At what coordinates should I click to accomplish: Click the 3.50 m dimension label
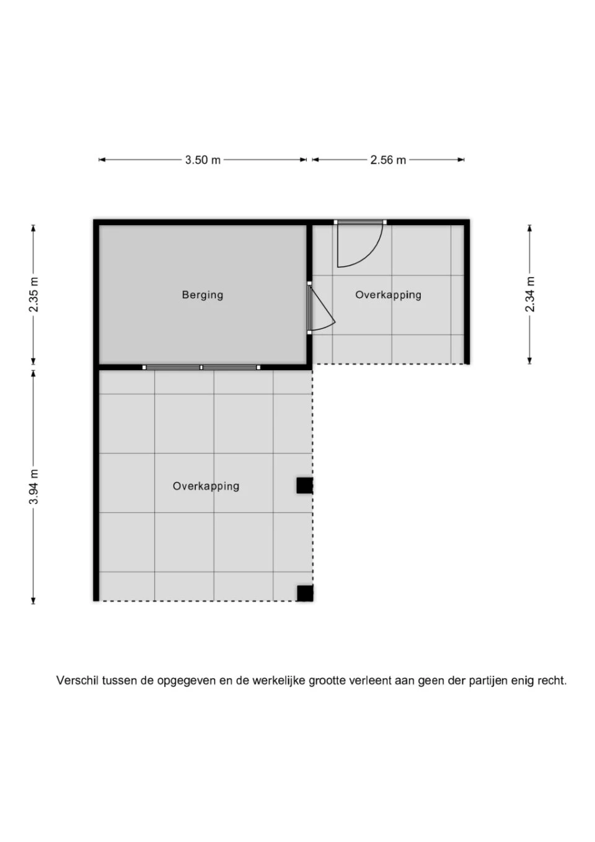coord(203,160)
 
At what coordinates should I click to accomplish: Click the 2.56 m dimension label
coord(388,160)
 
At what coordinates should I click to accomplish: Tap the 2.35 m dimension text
coord(34,295)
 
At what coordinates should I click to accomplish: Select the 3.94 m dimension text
coord(34,487)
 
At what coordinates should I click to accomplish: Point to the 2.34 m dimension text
coord(530,295)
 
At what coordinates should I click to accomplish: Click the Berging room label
coord(202,295)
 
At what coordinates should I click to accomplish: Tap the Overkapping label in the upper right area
coord(388,295)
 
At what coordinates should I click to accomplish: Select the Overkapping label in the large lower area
coord(206,486)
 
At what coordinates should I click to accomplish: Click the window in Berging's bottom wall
coord(201,367)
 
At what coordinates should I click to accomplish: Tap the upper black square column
coord(304,485)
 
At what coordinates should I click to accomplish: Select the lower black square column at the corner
coord(304,593)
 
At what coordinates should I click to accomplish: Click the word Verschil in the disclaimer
coord(77,681)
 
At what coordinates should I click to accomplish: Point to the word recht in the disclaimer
coord(552,681)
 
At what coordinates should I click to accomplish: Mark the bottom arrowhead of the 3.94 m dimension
coord(33,600)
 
